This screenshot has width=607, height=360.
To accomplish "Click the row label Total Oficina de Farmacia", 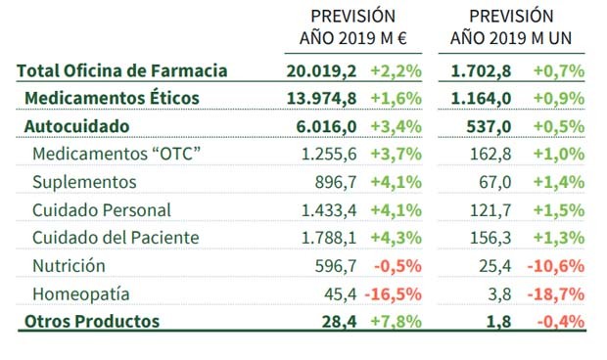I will (x=122, y=70).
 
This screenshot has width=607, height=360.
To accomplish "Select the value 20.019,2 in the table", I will (x=322, y=70).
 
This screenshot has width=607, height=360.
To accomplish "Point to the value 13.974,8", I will (x=322, y=98).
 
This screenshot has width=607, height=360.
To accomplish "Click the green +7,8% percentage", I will (x=396, y=321).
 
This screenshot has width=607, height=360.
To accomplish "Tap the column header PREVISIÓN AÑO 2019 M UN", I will (x=511, y=28).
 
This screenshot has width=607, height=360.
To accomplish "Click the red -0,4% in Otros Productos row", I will (x=559, y=321).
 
